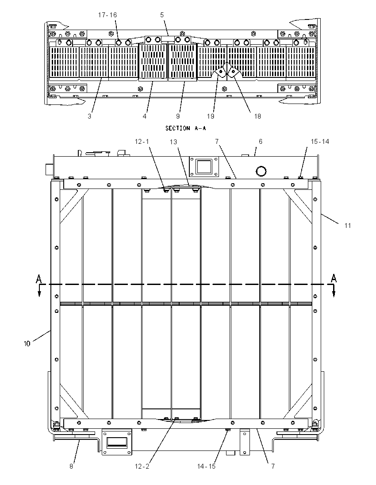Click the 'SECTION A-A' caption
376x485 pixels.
[185, 128]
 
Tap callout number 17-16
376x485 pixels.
[107, 15]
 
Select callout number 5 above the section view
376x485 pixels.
[162, 15]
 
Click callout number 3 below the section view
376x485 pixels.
[89, 116]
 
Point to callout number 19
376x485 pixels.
[210, 116]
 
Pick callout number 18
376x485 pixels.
[257, 116]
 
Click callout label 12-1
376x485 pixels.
[142, 141]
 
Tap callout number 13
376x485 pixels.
[173, 142]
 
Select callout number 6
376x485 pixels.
[261, 141]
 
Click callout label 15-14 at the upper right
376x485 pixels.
[320, 141]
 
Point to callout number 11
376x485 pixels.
[348, 226]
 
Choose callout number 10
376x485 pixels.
[27, 343]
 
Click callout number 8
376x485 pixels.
[71, 466]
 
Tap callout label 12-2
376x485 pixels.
[142, 466]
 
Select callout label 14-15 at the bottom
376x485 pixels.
[206, 466]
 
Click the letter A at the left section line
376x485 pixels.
[38, 279]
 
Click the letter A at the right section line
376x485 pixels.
[334, 278]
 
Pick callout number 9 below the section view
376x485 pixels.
[178, 116]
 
